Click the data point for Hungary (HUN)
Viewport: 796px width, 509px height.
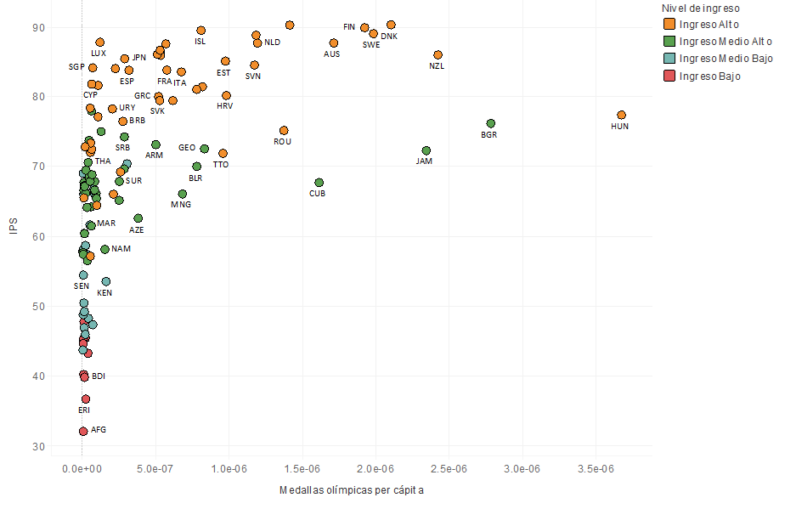click(x=621, y=115)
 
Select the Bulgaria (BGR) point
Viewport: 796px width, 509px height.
click(x=490, y=123)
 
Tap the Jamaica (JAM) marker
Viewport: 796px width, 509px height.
click(x=426, y=150)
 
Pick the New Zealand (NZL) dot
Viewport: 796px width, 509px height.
click(x=438, y=55)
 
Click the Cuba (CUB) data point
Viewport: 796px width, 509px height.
click(x=319, y=183)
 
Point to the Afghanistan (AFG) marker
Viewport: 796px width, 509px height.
click(x=83, y=431)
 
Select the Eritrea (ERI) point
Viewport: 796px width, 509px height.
click(x=86, y=399)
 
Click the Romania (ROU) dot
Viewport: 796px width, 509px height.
click(x=284, y=131)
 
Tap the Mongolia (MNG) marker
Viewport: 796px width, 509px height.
click(x=183, y=194)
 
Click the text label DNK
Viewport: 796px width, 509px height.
click(x=388, y=37)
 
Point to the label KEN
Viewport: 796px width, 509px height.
click(x=104, y=293)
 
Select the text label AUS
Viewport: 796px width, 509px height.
click(x=331, y=54)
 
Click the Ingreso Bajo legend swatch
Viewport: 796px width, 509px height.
click(x=669, y=76)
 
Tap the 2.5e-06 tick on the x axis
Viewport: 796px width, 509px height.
click(x=449, y=469)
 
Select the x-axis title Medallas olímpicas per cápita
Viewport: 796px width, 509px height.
click(x=352, y=491)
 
